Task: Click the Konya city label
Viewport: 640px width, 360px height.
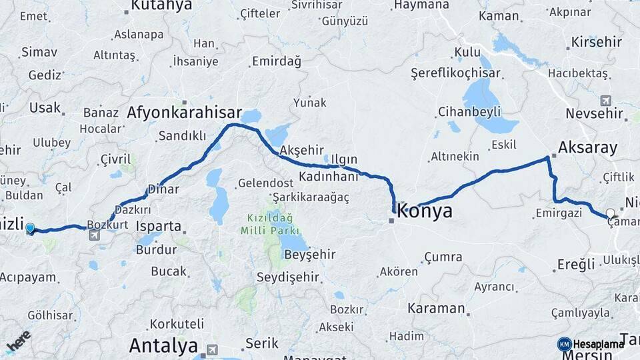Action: point(425,211)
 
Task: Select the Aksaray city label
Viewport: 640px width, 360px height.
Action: point(588,147)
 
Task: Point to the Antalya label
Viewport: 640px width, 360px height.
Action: point(163,345)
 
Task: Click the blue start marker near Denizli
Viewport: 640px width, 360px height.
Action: point(30,229)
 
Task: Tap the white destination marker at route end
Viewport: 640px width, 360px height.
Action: point(610,214)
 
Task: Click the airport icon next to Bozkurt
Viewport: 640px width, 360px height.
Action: point(94,235)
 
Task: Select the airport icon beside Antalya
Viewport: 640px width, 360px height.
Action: point(213,348)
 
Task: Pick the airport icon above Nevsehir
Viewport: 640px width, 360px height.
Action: point(605,101)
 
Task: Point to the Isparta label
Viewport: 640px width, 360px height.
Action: point(159,226)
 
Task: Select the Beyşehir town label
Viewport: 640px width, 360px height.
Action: point(307,255)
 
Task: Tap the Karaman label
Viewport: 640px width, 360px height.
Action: point(436,308)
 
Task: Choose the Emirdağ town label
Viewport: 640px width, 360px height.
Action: point(276,61)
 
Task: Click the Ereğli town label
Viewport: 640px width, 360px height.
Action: point(576,265)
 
